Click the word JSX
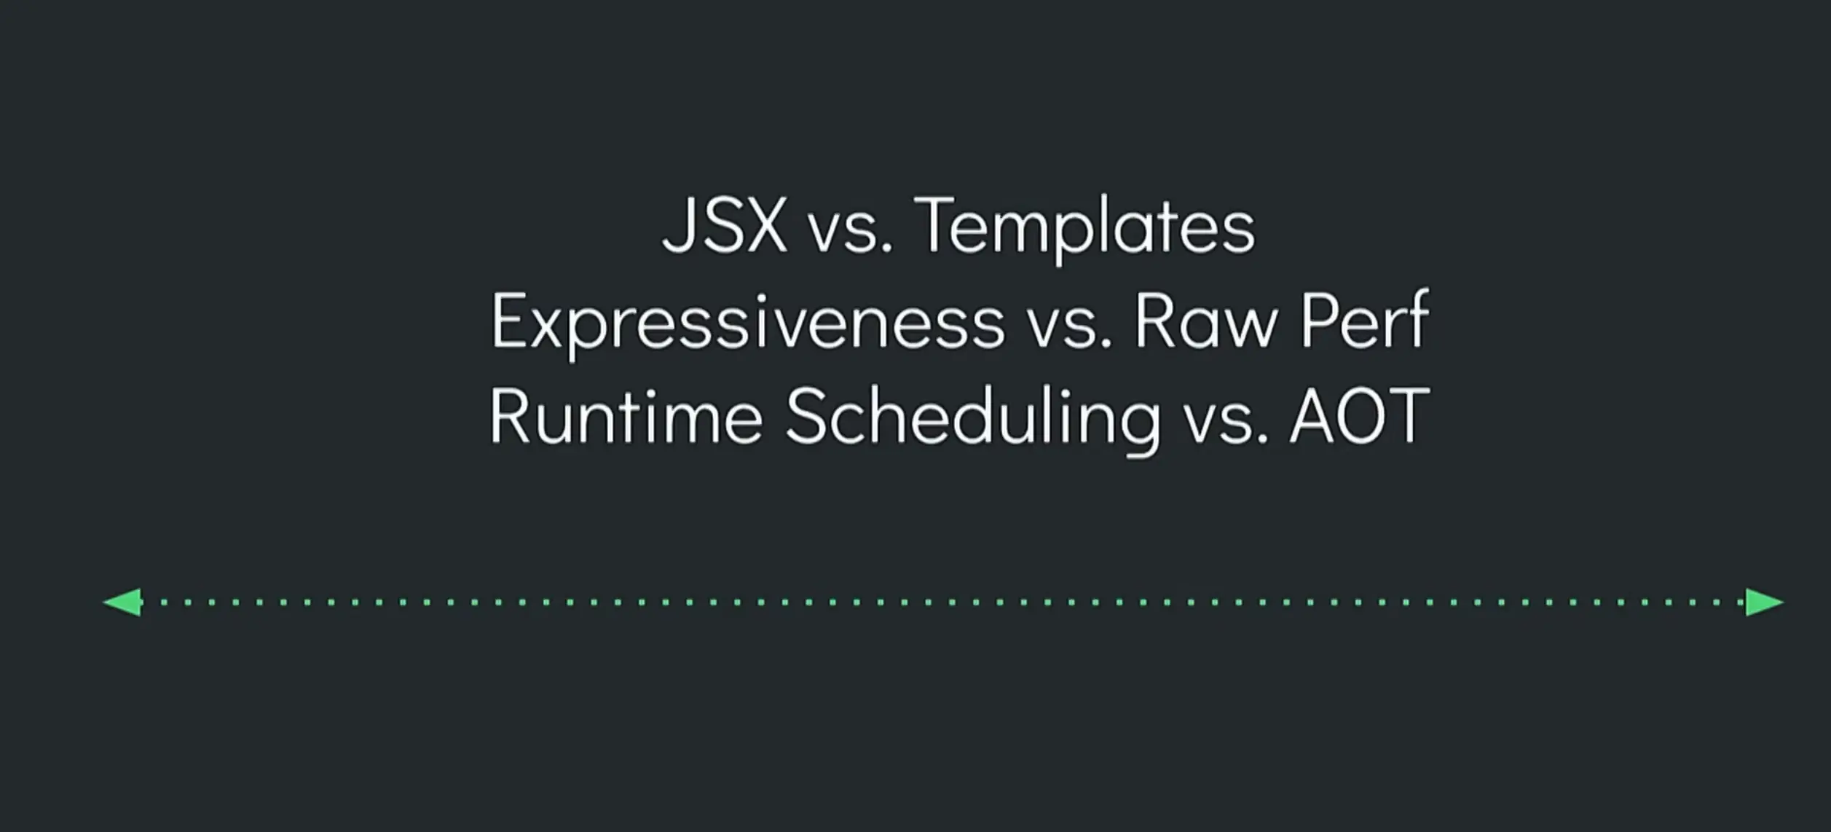tap(725, 225)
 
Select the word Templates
tap(1084, 229)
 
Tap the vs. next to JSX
tap(851, 234)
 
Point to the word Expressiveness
tap(748, 325)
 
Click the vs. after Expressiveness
tap(1069, 329)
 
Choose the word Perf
tap(1365, 321)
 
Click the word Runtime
tap(626, 416)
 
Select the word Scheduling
tap(973, 420)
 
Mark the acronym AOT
tap(1360, 416)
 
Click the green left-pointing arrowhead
tap(122, 603)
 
